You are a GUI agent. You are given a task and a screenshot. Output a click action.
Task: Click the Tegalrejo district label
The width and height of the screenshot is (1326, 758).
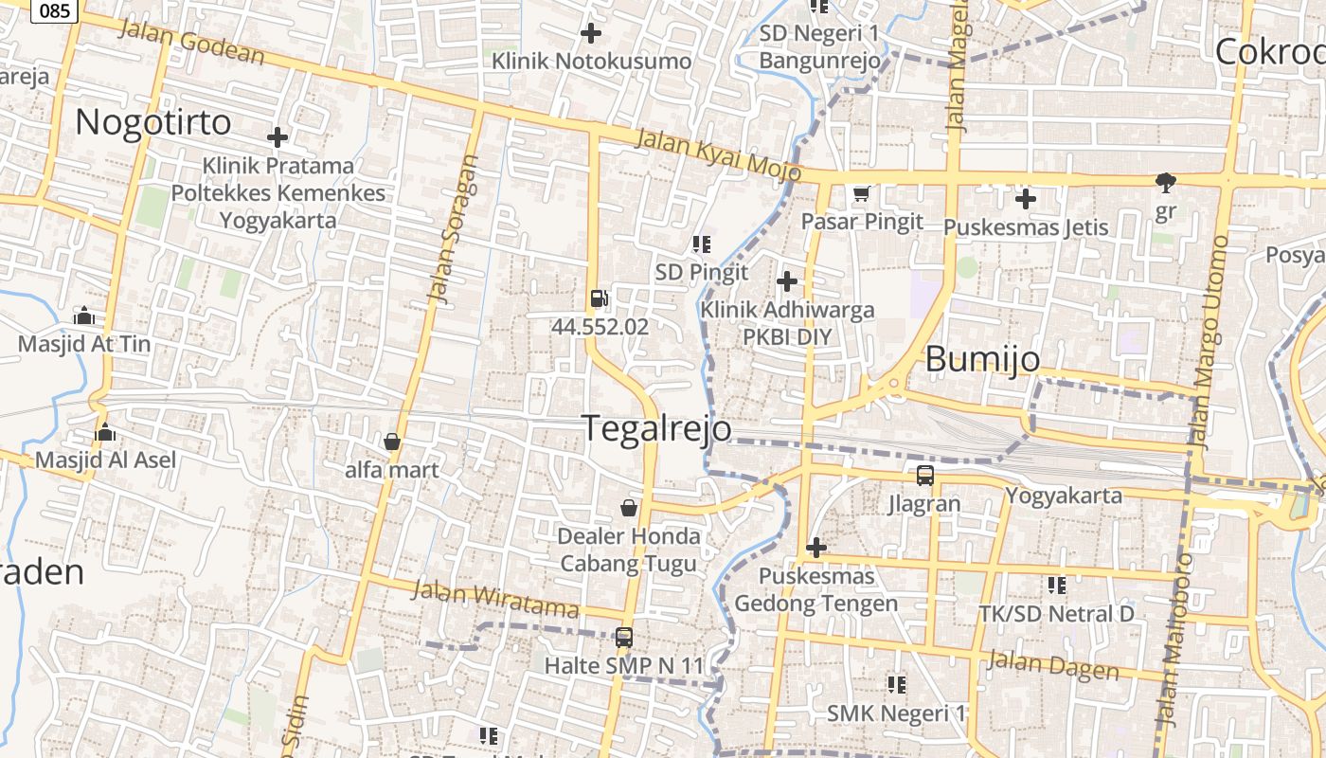pyautogui.click(x=656, y=428)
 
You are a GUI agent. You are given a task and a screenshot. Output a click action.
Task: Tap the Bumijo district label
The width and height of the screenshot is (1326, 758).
pyautogui.click(x=982, y=359)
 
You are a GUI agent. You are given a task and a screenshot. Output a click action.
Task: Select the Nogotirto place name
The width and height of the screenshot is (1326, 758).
pyautogui.click(x=152, y=122)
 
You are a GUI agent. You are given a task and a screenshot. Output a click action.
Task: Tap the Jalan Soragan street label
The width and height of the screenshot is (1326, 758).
pyautogui.click(x=453, y=229)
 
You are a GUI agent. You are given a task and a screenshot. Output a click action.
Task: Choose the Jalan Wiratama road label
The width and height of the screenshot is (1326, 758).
pyautogui.click(x=495, y=598)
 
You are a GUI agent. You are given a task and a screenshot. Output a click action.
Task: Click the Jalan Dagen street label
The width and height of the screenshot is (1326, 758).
pyautogui.click(x=1052, y=665)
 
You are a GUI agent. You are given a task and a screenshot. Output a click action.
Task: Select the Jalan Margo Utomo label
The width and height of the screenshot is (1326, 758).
pyautogui.click(x=1208, y=341)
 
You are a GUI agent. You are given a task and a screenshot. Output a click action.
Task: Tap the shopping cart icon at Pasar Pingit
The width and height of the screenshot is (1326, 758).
pyautogui.click(x=861, y=194)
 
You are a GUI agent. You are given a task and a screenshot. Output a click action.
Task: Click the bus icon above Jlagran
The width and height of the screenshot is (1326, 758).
pyautogui.click(x=924, y=476)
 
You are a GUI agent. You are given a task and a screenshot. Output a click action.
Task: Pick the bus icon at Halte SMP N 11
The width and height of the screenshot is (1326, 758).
pyautogui.click(x=623, y=638)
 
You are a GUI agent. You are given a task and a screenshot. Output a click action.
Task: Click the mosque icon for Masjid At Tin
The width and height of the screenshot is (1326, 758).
pyautogui.click(x=83, y=316)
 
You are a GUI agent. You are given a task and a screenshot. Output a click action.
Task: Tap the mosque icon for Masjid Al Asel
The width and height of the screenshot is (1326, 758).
pyautogui.click(x=104, y=432)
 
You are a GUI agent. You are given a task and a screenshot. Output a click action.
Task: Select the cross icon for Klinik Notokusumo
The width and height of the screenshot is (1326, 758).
pyautogui.click(x=590, y=33)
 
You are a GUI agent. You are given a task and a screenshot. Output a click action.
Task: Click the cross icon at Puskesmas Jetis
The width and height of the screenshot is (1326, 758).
pyautogui.click(x=1025, y=199)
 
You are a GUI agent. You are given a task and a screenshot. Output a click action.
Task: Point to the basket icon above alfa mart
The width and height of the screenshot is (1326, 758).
pyautogui.click(x=391, y=442)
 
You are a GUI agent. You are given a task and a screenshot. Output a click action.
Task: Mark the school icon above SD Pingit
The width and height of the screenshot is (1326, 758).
pyautogui.click(x=702, y=244)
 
